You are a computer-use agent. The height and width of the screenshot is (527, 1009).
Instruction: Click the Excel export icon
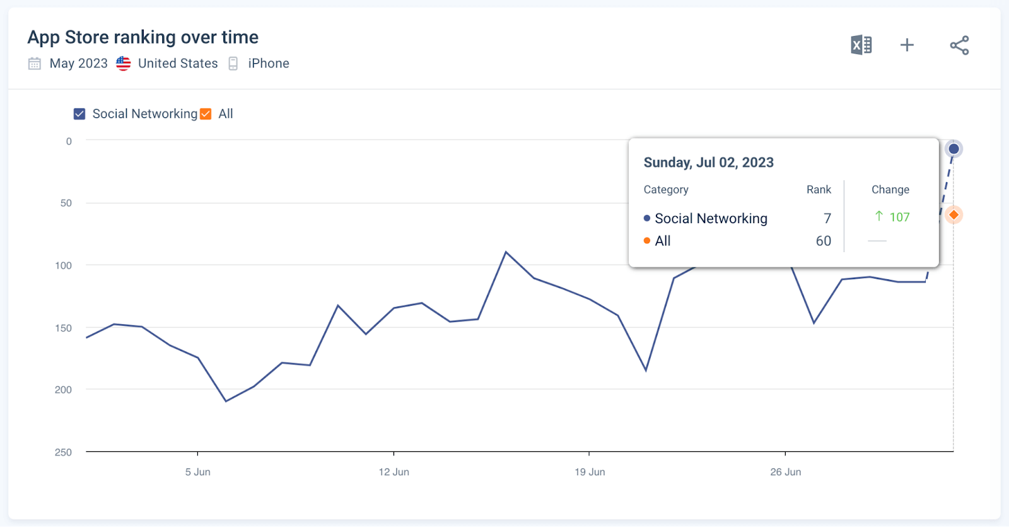point(861,45)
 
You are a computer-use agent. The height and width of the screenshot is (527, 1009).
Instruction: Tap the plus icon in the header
point(907,45)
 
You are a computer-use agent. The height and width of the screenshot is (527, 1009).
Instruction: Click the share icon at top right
point(959,45)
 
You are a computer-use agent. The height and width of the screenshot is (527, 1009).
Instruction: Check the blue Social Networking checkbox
point(79,114)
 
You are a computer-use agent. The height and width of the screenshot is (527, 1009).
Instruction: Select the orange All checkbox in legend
point(206,114)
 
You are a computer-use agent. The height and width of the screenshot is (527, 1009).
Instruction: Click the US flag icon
point(124,64)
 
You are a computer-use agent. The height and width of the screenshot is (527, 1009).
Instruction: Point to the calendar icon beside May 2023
point(35,64)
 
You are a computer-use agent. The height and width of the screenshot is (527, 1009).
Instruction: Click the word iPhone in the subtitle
point(268,64)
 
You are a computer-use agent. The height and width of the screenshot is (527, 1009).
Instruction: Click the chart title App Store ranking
point(143,37)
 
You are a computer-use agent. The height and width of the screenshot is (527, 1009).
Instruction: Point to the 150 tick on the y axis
point(63,328)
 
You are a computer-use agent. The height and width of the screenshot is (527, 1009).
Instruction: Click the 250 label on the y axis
point(63,452)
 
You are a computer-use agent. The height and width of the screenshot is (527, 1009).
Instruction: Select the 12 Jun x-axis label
point(394,472)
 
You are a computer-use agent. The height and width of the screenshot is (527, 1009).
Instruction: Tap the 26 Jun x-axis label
point(785,472)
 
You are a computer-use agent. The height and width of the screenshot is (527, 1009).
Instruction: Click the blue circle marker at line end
point(954,149)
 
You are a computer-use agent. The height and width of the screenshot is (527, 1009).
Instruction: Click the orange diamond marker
point(954,215)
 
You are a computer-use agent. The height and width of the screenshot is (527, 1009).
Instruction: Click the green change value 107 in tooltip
point(899,217)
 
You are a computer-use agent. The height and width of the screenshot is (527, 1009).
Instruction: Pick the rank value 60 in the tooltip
point(823,241)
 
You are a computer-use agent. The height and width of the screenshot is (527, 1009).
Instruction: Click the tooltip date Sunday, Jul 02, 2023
point(708,163)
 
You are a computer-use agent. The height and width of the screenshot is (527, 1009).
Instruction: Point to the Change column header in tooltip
point(890,190)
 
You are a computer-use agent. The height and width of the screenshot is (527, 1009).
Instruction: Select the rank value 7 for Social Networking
point(827,219)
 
